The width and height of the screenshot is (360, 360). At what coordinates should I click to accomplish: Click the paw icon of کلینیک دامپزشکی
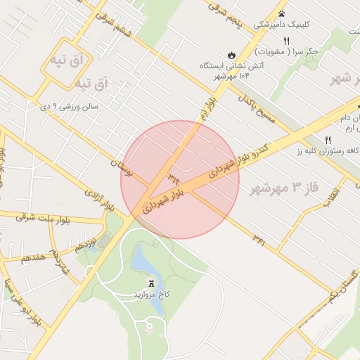tap(281, 13)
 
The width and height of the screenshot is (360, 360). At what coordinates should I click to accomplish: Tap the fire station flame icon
tap(231, 55)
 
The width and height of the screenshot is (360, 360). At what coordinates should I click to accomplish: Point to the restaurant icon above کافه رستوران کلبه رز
tap(328, 140)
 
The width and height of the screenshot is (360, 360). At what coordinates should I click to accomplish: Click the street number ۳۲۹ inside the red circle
tap(172, 173)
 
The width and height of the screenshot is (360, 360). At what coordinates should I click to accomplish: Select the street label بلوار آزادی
tap(99, 200)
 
